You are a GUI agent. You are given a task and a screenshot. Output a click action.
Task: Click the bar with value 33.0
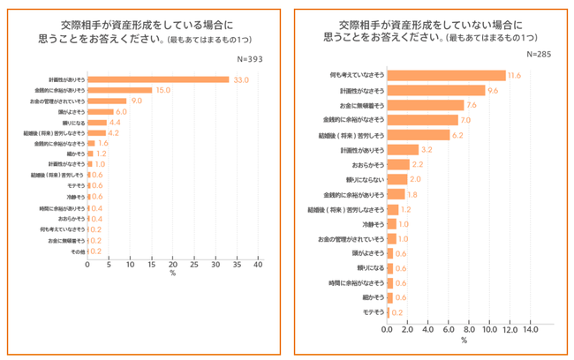158,79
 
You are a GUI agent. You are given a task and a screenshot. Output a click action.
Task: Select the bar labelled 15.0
119,90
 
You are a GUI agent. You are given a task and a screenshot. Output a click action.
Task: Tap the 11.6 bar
446,75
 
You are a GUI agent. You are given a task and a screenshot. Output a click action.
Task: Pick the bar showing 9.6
436,90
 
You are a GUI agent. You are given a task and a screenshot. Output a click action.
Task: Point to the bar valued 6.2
419,135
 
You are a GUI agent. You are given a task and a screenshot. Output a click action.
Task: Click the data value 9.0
137,101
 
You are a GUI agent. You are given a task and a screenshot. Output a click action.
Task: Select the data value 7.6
472,105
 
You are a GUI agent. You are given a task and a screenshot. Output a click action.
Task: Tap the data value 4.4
114,123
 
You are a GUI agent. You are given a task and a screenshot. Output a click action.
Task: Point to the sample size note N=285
540,54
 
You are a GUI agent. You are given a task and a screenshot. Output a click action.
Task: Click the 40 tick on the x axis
259,264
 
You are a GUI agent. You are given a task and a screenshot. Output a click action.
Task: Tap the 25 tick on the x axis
194,264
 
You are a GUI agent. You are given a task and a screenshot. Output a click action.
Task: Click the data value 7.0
466,120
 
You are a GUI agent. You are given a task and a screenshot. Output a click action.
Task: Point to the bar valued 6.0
100,112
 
